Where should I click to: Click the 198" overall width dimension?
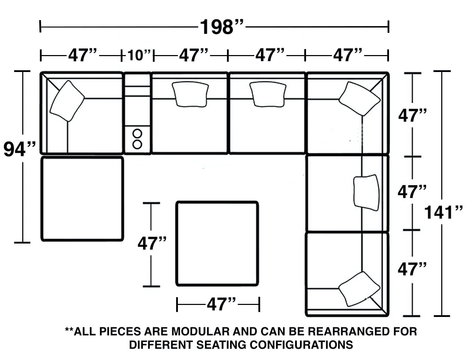point(222,27)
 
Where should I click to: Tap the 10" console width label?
point(139,55)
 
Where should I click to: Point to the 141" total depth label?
point(443,212)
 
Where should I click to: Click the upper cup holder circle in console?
point(137,133)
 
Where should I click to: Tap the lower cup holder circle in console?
point(137,144)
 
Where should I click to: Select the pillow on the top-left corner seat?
point(67,101)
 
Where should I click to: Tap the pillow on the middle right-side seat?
point(366,192)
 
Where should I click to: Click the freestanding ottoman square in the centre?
point(217,244)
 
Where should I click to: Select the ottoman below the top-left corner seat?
point(82,199)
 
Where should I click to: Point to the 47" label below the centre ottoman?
point(221,304)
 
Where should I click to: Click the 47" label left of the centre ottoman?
point(152,243)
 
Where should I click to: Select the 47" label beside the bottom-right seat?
point(412,270)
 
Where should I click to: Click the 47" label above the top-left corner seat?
point(82,55)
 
